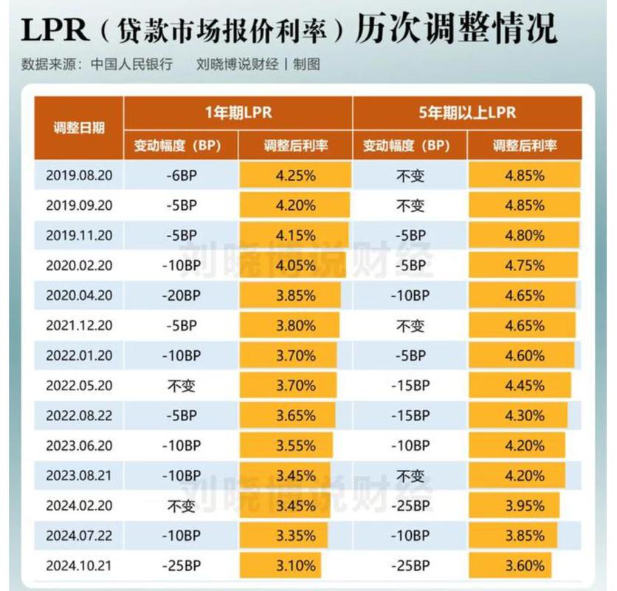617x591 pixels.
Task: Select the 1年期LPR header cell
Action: [x=238, y=112]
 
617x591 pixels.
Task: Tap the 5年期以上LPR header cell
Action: [x=466, y=112]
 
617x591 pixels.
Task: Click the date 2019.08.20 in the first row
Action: [x=79, y=175]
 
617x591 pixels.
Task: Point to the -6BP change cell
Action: [x=181, y=175]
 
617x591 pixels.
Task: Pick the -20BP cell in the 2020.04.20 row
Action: [x=181, y=295]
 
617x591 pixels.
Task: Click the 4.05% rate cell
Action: [x=295, y=265]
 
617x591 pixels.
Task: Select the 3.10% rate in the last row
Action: [x=295, y=567]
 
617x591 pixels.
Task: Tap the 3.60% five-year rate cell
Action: [x=524, y=567]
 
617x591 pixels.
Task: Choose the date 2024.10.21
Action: [x=79, y=567]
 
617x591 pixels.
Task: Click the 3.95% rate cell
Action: [x=524, y=506]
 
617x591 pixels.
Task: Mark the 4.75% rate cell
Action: [x=524, y=265]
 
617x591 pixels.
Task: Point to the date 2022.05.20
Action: [x=79, y=386]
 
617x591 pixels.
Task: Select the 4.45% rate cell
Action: [x=524, y=386]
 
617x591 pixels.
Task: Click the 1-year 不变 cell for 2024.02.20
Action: [x=181, y=506]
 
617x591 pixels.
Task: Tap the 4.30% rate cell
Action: [x=524, y=416]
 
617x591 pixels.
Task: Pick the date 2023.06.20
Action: [x=79, y=446]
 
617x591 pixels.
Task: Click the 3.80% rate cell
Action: [x=295, y=326]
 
